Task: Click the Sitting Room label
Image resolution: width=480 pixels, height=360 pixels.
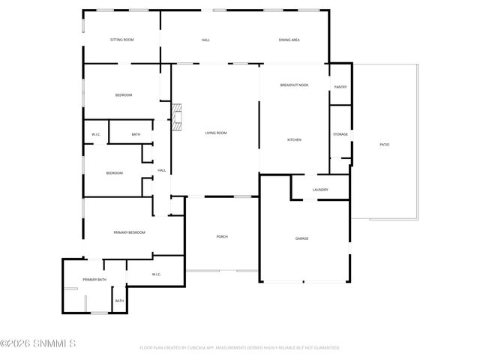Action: click(121, 39)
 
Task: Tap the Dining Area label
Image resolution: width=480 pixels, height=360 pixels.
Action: click(289, 39)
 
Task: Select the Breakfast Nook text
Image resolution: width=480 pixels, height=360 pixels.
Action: click(294, 86)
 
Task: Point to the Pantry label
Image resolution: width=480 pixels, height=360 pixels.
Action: click(340, 87)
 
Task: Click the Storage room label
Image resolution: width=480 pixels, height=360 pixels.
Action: click(340, 134)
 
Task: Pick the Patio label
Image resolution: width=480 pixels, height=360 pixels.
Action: click(384, 144)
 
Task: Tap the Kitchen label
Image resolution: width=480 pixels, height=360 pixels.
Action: click(294, 139)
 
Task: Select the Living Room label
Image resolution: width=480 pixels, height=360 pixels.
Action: click(216, 133)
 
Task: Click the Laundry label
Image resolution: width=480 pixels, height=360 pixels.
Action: click(320, 190)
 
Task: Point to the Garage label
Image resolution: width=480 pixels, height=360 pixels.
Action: click(301, 238)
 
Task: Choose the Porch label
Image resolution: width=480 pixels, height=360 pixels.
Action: click(222, 236)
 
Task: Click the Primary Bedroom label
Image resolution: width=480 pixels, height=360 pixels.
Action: click(129, 232)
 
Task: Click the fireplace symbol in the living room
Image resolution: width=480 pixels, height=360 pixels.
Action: click(177, 118)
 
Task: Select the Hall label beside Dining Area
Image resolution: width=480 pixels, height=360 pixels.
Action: click(205, 39)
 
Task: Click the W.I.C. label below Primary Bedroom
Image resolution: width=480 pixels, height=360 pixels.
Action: click(156, 274)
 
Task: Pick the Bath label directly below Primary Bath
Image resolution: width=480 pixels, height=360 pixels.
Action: click(119, 301)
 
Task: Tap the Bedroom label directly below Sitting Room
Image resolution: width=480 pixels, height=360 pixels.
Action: click(123, 95)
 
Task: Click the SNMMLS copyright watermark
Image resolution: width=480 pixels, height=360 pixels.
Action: click(39, 344)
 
